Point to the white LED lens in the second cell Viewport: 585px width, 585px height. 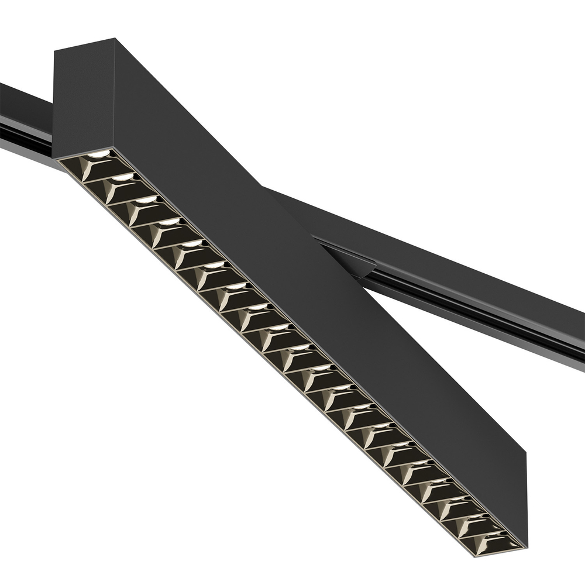123,176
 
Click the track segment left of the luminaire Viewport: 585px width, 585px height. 23,123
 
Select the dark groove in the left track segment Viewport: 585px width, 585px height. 23,132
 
